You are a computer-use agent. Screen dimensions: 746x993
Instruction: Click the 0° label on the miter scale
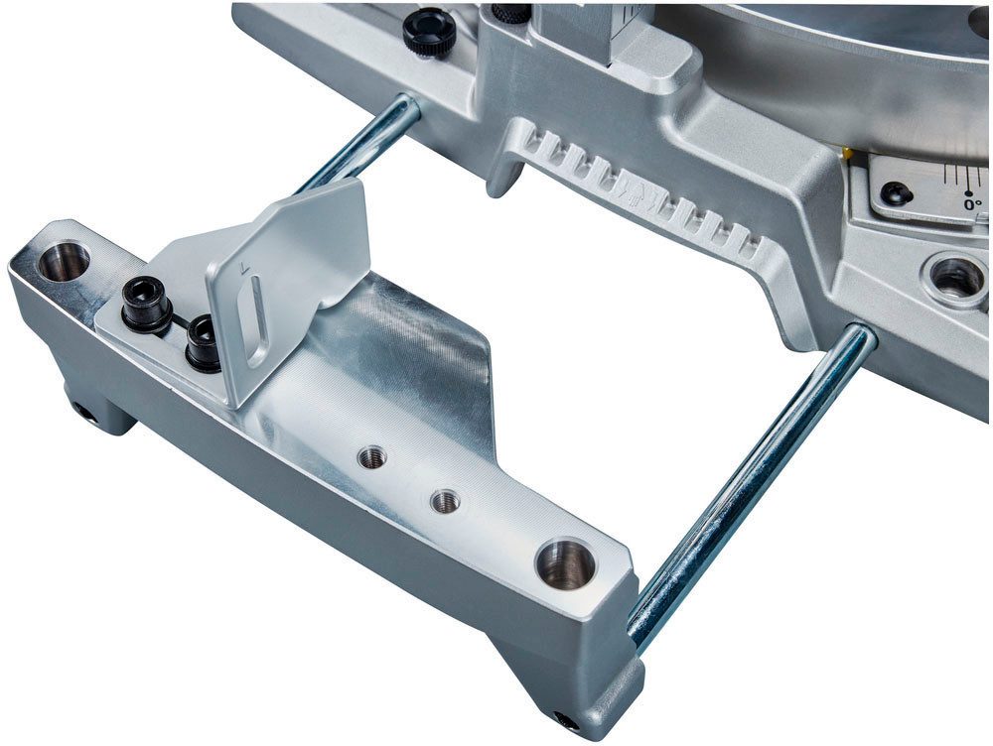point(972,203)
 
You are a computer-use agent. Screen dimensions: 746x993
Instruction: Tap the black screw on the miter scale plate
point(896,192)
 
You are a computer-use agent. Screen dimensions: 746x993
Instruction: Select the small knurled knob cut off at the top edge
point(510,11)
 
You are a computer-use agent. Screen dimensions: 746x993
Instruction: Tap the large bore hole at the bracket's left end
point(64,261)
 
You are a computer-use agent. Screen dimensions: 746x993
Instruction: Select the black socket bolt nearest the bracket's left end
point(146,304)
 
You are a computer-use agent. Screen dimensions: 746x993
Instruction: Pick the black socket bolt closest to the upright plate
point(204,342)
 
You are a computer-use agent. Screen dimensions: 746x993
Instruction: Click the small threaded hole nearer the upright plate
point(373,457)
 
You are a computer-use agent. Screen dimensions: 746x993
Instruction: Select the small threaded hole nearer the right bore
point(445,502)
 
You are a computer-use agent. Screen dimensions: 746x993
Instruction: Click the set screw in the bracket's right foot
point(566,721)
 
